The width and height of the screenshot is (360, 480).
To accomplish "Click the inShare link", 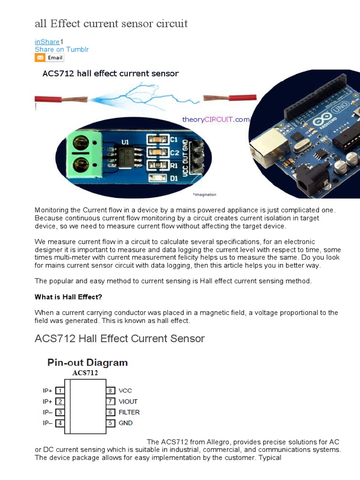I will pos(47,42).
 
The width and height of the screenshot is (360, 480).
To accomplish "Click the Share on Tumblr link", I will pos(61,49).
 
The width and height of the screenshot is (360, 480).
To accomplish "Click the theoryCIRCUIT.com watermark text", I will pos(216,120).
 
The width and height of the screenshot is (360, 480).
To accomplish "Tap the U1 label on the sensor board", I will pos(125,141).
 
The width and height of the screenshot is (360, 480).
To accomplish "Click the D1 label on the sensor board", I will pos(174,178).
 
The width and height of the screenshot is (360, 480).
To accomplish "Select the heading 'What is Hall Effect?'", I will pos(68,297).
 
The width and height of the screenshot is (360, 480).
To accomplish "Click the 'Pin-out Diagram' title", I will pos(87,362).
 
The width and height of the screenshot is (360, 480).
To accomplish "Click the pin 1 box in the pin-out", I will pos(60,390).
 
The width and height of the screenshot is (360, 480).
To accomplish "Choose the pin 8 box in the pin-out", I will pos(111,390).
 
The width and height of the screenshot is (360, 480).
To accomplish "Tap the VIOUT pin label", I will pos(128,401).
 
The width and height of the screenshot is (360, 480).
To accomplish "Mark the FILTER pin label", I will pos(129,412).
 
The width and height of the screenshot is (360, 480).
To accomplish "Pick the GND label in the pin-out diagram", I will pos(126,423).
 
